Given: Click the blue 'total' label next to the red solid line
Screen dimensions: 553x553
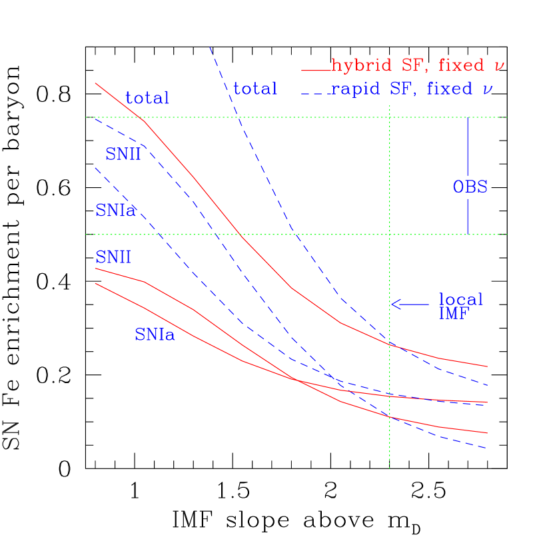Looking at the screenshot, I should click(x=147, y=99).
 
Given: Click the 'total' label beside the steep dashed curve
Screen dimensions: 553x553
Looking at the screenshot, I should click(x=255, y=89).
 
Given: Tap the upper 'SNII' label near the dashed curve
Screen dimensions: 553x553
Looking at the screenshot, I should click(x=123, y=155).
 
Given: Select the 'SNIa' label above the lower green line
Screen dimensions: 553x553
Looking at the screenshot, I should click(x=115, y=211).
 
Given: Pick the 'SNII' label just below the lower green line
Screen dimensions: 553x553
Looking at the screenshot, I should click(x=113, y=257).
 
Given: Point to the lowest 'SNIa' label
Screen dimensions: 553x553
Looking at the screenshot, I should click(x=155, y=335).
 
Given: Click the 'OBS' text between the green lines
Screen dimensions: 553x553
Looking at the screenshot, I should click(x=470, y=187).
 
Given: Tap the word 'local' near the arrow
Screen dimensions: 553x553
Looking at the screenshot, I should click(x=460, y=300).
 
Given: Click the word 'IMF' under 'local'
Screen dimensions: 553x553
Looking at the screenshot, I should click(x=454, y=314).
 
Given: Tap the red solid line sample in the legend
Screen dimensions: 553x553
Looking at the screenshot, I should click(x=316, y=70).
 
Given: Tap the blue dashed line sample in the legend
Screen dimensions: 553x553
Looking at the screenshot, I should click(x=316, y=93).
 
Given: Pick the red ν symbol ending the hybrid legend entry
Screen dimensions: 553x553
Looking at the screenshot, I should click(x=499, y=66).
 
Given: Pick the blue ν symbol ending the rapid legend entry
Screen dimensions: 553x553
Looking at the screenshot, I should click(x=487, y=89).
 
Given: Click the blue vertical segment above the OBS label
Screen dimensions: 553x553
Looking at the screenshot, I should click(x=468, y=147).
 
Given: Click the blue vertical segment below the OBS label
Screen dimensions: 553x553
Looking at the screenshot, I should click(x=468, y=216).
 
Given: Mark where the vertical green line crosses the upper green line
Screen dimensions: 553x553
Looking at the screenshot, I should click(x=389, y=117).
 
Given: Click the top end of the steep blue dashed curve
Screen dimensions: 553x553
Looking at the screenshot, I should click(x=210, y=48).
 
